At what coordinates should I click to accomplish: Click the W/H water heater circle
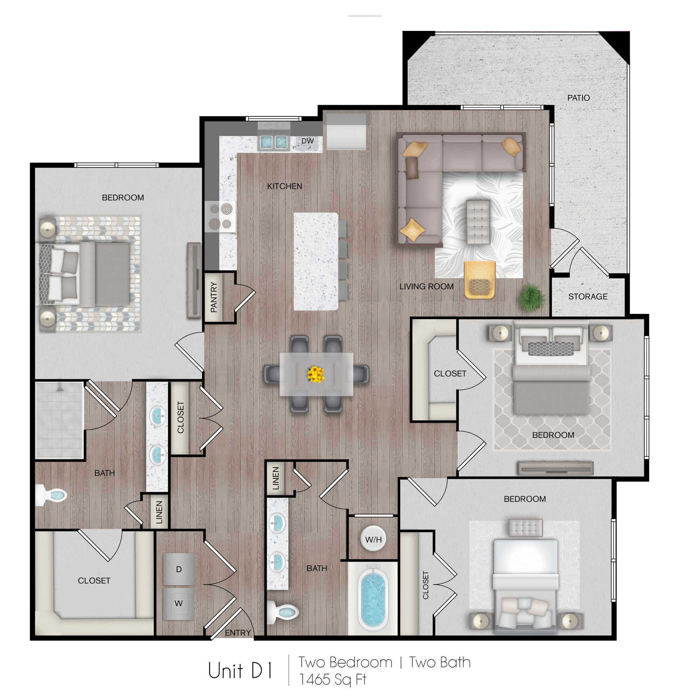(373, 539)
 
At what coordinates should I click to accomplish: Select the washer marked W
(179, 603)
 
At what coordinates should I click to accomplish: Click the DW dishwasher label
(307, 141)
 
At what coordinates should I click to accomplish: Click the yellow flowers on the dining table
(316, 374)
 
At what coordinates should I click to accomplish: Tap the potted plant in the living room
(532, 297)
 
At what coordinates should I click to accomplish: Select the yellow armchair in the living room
(480, 280)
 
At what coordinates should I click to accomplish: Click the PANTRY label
(214, 297)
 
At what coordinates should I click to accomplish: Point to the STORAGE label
(588, 296)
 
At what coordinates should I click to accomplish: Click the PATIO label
(578, 98)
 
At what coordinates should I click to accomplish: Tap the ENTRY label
(238, 633)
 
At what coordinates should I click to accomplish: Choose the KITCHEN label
(284, 186)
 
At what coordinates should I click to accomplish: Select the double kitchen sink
(274, 142)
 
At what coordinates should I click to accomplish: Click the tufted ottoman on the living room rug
(478, 222)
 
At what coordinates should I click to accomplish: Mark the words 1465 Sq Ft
(333, 680)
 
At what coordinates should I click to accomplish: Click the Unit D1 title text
(241, 670)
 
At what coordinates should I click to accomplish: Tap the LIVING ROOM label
(426, 286)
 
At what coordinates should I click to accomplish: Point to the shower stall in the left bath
(59, 420)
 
